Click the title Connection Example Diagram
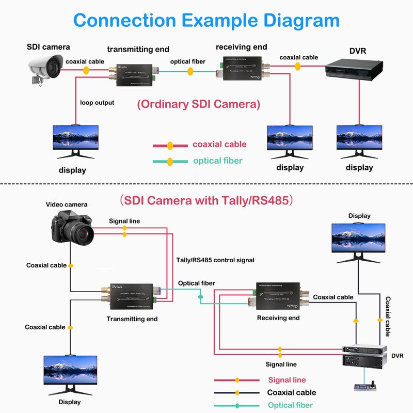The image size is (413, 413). pyautogui.click(x=206, y=21)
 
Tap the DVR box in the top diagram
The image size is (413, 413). pyautogui.click(x=354, y=69)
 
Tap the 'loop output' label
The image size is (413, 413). pyautogui.click(x=97, y=103)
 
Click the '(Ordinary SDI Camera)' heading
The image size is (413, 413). pyautogui.click(x=199, y=104)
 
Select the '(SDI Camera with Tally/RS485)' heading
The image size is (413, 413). pyautogui.click(x=206, y=200)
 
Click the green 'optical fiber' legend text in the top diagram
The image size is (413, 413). pyautogui.click(x=217, y=161)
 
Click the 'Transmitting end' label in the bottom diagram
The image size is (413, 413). pyautogui.click(x=132, y=319)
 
